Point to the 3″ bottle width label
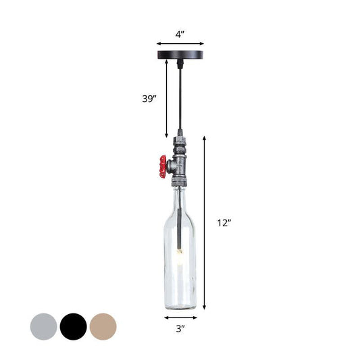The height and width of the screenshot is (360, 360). point(180,329)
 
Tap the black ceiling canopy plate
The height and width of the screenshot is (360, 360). point(180,53)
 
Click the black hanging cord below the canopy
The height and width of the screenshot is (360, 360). point(180,95)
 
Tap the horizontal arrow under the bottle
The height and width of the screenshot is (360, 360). point(180,316)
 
